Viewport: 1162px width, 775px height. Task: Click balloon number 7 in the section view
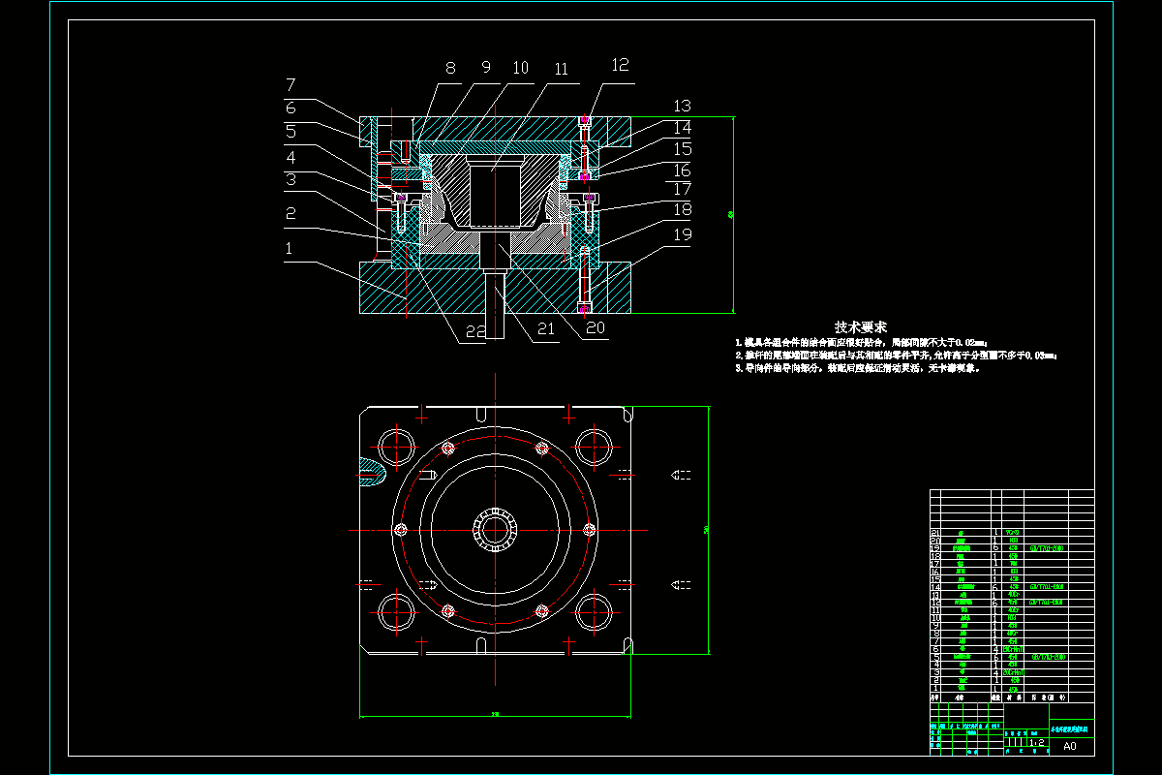[290, 84]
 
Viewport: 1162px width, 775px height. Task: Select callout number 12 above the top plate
[620, 65]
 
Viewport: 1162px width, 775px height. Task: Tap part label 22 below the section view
[474, 330]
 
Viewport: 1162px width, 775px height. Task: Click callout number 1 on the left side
[289, 248]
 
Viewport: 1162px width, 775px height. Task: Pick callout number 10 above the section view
[521, 68]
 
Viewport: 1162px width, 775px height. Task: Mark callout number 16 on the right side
[683, 170]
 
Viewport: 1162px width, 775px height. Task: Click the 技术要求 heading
[861, 327]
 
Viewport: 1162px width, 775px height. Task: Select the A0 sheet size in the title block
[1069, 746]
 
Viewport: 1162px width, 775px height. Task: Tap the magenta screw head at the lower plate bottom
[585, 308]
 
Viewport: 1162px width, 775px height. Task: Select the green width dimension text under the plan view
[496, 716]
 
